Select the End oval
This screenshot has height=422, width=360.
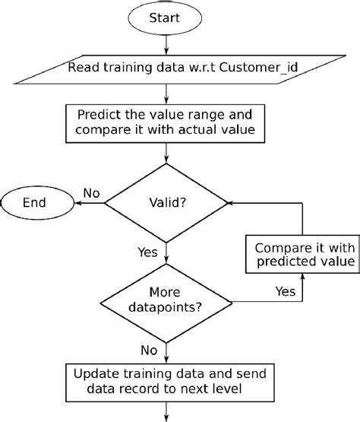[35, 202]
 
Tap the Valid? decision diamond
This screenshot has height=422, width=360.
[166, 203]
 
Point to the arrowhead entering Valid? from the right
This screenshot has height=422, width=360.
[232, 203]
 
